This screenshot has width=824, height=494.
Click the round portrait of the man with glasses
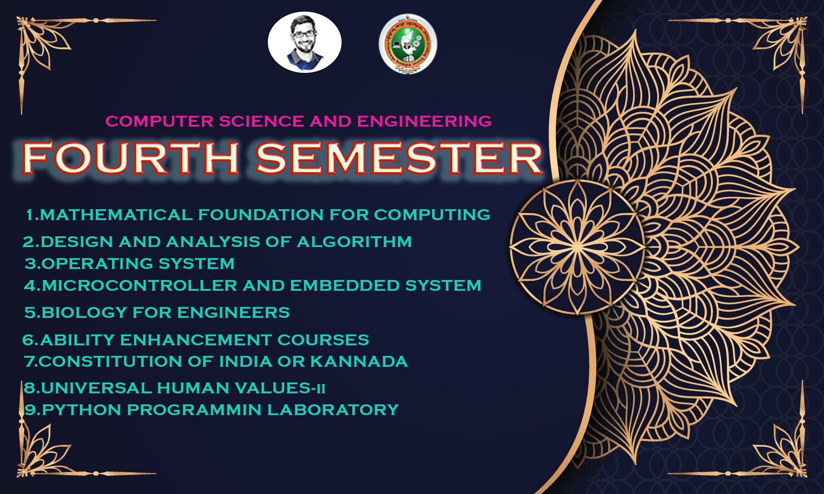(305, 42)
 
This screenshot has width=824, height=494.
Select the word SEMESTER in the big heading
(399, 158)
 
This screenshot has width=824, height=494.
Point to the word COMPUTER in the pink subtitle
(160, 121)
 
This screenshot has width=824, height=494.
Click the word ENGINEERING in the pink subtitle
(424, 121)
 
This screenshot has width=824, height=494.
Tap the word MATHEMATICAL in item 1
(116, 215)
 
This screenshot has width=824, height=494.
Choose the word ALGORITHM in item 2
(354, 242)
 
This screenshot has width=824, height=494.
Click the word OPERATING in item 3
(97, 264)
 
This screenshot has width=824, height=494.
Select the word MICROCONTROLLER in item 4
(140, 286)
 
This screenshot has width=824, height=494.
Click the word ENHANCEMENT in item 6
(196, 340)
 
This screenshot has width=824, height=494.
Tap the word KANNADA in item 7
(359, 361)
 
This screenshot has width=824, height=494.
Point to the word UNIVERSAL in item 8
(97, 388)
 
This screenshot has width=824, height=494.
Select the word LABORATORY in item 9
(333, 410)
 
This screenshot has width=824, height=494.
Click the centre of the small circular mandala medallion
(577, 247)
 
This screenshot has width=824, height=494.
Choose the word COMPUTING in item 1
(432, 215)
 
